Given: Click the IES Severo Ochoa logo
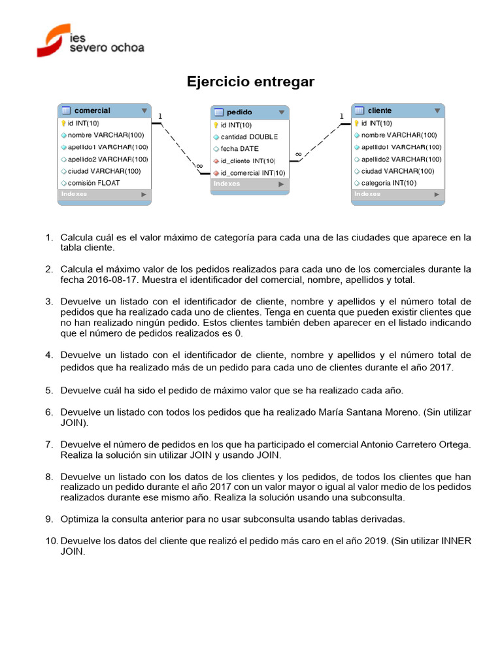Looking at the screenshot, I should (90, 40).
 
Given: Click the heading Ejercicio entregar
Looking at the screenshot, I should (250, 82).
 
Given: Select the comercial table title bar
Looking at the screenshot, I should (104, 110).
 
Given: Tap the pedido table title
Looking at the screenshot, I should (249, 112).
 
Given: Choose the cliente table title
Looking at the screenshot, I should (397, 110).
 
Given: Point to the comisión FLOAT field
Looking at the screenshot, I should (93, 183).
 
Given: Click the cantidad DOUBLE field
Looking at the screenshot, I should (248, 137).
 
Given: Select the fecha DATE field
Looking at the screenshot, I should (239, 148).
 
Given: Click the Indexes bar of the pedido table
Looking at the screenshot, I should (249, 184).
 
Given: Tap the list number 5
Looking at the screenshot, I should (49, 390).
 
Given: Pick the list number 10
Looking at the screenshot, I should (52, 541).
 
